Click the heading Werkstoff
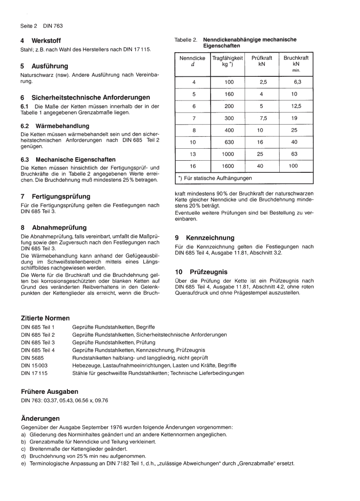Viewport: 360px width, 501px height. point(46,41)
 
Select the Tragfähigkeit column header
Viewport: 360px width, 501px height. point(228,61)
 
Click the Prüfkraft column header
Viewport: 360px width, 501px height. point(261,61)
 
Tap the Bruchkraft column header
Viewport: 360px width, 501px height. point(296,62)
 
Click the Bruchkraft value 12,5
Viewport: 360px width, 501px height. point(296,106)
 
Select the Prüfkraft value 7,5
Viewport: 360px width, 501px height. point(261,118)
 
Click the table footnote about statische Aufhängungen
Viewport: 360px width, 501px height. point(215,178)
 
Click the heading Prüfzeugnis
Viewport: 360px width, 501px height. point(208,271)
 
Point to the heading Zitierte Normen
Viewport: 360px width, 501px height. point(46,318)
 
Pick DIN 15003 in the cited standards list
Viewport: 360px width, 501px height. point(35,365)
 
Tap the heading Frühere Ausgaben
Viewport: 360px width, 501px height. point(50,391)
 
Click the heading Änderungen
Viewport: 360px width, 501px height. point(40,418)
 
